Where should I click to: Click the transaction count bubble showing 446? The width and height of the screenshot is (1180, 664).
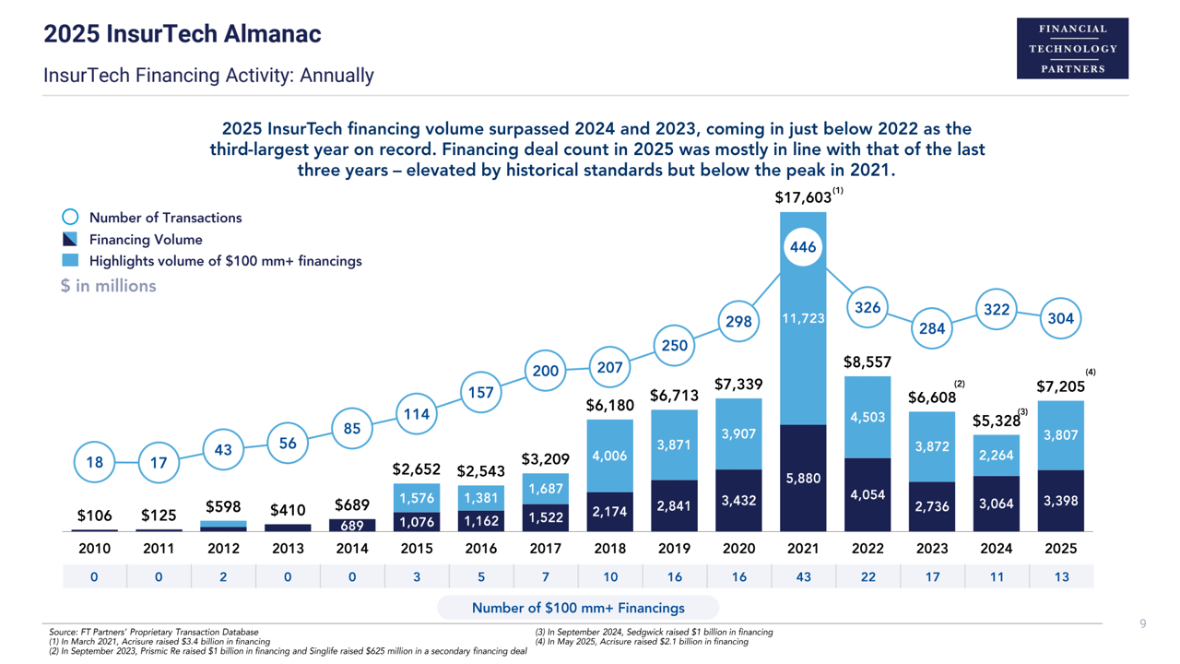click(x=803, y=247)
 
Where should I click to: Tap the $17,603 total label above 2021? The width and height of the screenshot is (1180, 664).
click(x=803, y=198)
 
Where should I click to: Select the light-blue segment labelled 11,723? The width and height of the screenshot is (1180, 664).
click(x=803, y=318)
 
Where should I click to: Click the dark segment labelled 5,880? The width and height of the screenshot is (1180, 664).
click(x=803, y=478)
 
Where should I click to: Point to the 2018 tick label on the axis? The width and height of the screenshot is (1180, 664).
click(x=609, y=549)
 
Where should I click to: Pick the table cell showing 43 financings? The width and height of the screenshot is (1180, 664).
click(x=803, y=577)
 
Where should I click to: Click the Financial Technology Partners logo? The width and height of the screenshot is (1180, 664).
click(x=1072, y=48)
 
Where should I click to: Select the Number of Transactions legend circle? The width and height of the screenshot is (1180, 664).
click(x=70, y=218)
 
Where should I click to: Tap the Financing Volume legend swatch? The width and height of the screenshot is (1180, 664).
click(x=70, y=240)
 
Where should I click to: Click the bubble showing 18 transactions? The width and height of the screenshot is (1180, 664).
click(x=95, y=463)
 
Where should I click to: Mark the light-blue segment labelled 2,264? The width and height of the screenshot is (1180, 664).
click(x=997, y=455)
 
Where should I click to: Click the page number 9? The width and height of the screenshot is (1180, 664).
click(x=1143, y=624)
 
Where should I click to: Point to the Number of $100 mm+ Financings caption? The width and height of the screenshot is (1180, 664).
click(x=578, y=608)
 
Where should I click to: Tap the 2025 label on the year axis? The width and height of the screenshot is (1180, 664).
click(x=1060, y=549)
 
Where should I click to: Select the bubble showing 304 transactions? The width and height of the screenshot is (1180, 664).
click(x=1060, y=319)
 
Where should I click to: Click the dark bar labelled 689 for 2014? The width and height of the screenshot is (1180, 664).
click(x=351, y=526)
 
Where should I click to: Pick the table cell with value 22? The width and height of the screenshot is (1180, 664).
click(x=867, y=577)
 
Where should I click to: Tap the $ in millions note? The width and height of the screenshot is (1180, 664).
click(x=109, y=286)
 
